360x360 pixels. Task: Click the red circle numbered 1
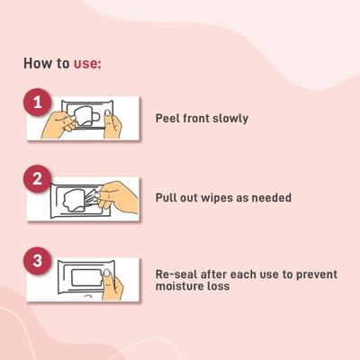click(x=38, y=103)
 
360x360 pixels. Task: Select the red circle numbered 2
click(x=38, y=178)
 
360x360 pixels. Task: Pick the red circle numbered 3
click(x=38, y=262)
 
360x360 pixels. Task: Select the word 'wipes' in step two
click(x=233, y=197)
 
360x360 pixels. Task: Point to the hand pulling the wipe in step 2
click(x=122, y=198)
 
